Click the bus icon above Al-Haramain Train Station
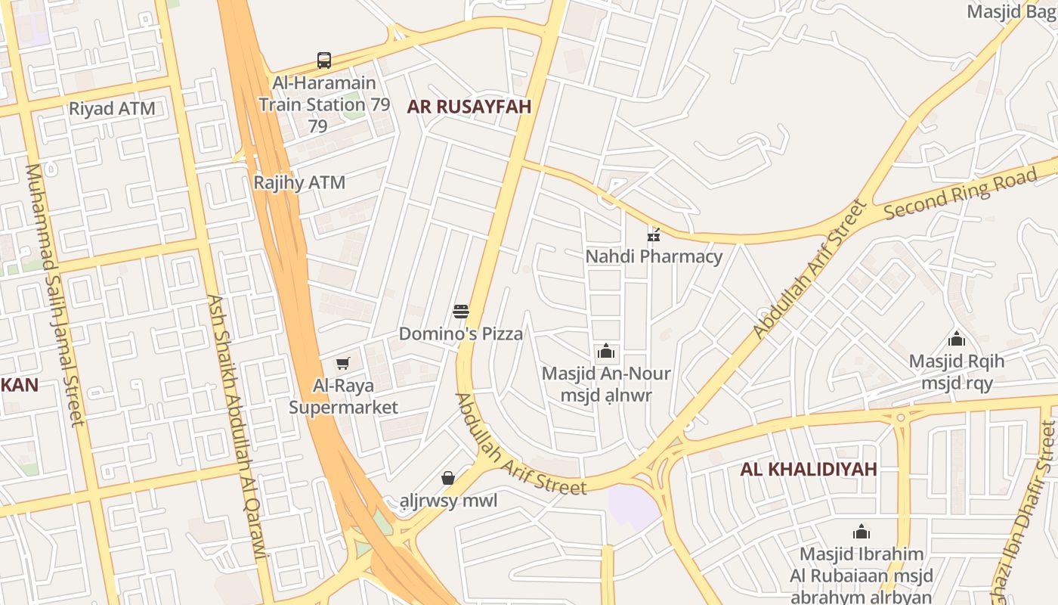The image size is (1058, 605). (324, 60)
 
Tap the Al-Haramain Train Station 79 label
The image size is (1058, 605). (324, 104)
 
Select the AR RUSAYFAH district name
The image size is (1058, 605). (469, 107)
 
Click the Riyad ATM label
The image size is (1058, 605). (112, 108)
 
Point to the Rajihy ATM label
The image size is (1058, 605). (299, 182)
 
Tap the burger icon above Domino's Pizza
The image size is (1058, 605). (461, 311)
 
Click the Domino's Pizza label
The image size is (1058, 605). (461, 334)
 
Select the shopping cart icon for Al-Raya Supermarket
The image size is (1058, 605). (343, 364)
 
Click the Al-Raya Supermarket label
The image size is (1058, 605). (343, 397)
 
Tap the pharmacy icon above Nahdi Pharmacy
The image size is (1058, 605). (654, 235)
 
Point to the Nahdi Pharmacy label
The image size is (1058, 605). (654, 256)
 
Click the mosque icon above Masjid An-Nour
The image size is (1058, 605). (606, 352)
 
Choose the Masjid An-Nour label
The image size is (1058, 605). (606, 383)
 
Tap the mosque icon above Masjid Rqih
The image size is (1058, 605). (957, 339)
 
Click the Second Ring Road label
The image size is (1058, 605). (960, 194)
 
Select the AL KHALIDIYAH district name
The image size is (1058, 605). (809, 469)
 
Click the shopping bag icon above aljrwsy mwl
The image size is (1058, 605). (448, 478)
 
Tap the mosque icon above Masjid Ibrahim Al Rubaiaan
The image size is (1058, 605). (862, 532)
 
